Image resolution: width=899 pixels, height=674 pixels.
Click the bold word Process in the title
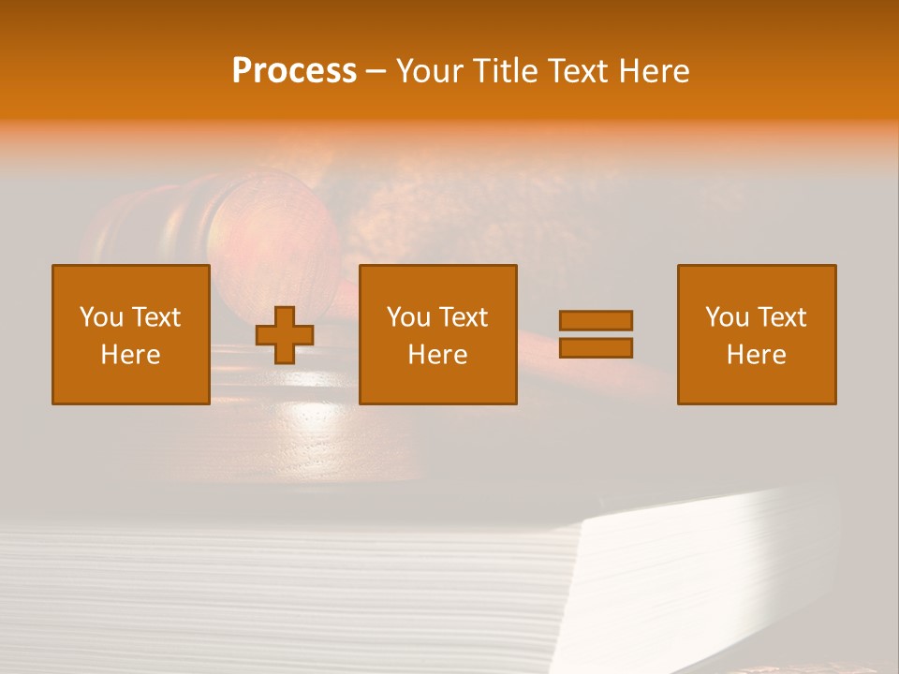(x=294, y=71)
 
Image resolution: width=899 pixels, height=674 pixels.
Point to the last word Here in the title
(x=655, y=71)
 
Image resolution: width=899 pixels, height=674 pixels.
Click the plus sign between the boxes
(x=285, y=335)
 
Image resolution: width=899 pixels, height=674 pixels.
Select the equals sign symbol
(x=596, y=334)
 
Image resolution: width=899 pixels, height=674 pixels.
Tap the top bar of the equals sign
(x=596, y=321)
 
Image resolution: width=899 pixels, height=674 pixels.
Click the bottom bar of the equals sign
(x=596, y=347)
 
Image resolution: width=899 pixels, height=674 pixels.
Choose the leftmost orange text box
(x=131, y=334)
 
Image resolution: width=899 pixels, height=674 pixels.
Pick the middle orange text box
(x=437, y=334)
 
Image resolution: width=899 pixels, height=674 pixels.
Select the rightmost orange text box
(x=757, y=334)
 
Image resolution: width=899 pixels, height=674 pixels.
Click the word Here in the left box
(x=131, y=355)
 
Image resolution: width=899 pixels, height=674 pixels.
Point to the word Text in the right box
(x=783, y=317)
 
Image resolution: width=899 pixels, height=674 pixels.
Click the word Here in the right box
(x=757, y=355)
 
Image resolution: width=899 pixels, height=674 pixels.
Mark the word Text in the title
(x=579, y=71)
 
